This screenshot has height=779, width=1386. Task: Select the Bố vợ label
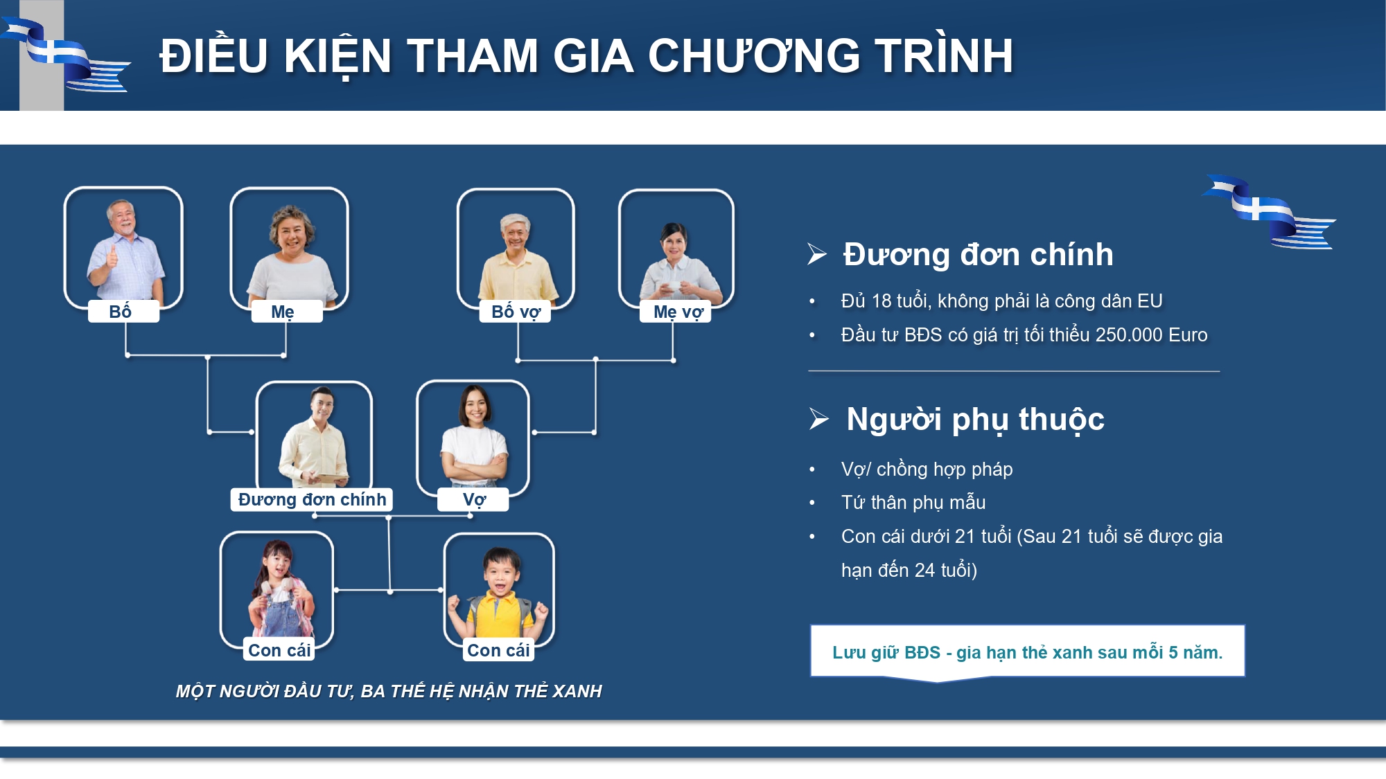point(516,312)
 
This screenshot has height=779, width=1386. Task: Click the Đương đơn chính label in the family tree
point(312,499)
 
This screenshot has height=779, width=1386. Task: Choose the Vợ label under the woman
point(473,499)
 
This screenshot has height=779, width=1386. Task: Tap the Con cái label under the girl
point(279,650)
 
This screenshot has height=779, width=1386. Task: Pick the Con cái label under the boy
point(498,650)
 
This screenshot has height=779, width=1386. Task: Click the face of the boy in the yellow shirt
point(501,572)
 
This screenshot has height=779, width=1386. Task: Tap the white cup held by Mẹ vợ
point(670,286)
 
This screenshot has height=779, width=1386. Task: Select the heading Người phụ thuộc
point(976,419)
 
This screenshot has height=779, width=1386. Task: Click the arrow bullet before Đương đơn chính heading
point(817,254)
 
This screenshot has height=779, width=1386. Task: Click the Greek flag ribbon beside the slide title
point(66,55)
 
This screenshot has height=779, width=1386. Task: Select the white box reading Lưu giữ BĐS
point(1028,652)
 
